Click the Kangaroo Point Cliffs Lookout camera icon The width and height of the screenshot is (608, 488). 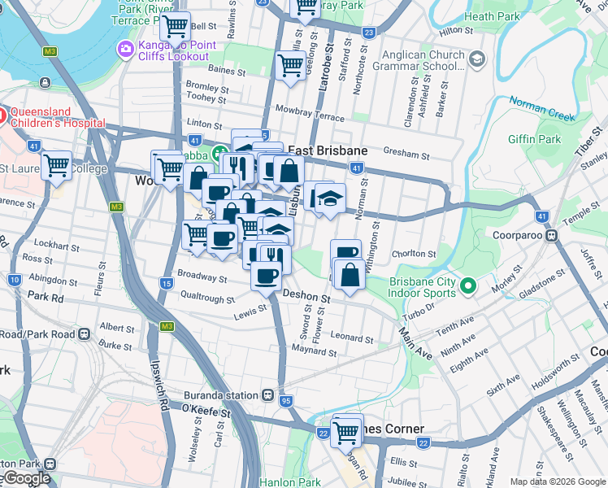[x=126, y=49]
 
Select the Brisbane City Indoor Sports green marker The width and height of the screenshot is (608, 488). [x=467, y=285]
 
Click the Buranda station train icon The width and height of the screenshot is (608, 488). [x=267, y=394]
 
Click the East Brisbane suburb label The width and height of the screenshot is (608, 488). [x=328, y=151]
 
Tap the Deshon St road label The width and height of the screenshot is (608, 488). [x=306, y=298]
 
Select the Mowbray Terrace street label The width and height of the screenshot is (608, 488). [x=310, y=112]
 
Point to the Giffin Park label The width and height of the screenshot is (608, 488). [x=534, y=139]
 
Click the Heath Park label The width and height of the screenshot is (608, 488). [x=491, y=16]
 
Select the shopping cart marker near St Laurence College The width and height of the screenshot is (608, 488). [x=57, y=166]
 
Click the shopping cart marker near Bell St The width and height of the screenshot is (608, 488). [x=176, y=28]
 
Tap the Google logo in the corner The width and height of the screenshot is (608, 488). [x=26, y=478]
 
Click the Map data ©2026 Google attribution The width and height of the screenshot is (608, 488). [x=558, y=481]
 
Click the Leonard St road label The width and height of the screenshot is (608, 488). [x=351, y=338]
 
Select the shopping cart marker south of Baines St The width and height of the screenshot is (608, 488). [x=291, y=64]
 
